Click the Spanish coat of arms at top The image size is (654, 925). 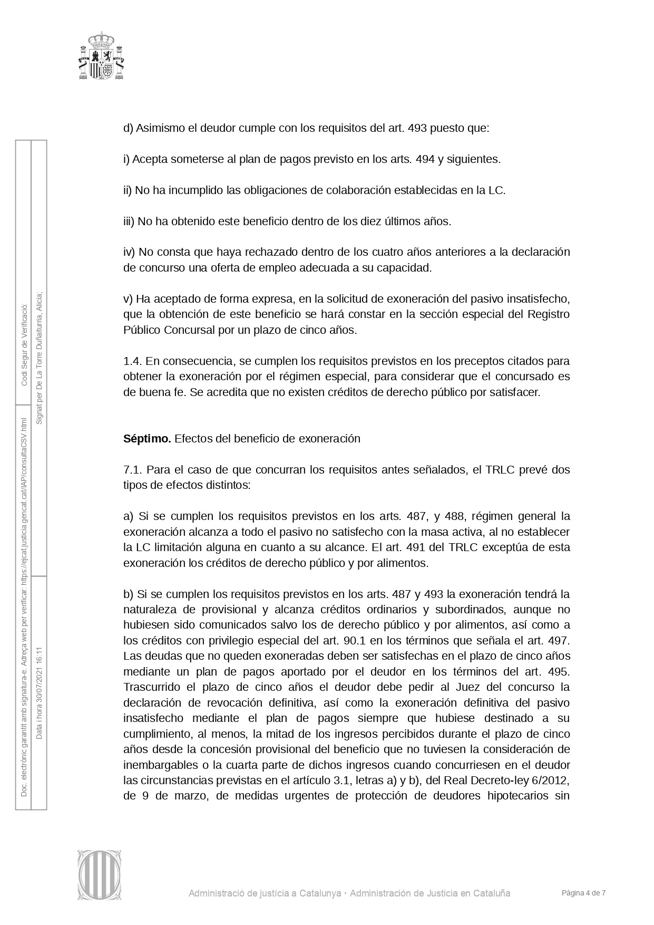tap(101, 56)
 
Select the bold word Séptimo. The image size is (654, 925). tap(147, 439)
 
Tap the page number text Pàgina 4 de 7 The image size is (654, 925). tap(583, 893)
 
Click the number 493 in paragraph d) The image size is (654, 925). tap(418, 128)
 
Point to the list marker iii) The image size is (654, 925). tap(129, 221)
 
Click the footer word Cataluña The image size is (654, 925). tap(492, 893)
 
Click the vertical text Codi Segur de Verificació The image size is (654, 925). tap(24, 344)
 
